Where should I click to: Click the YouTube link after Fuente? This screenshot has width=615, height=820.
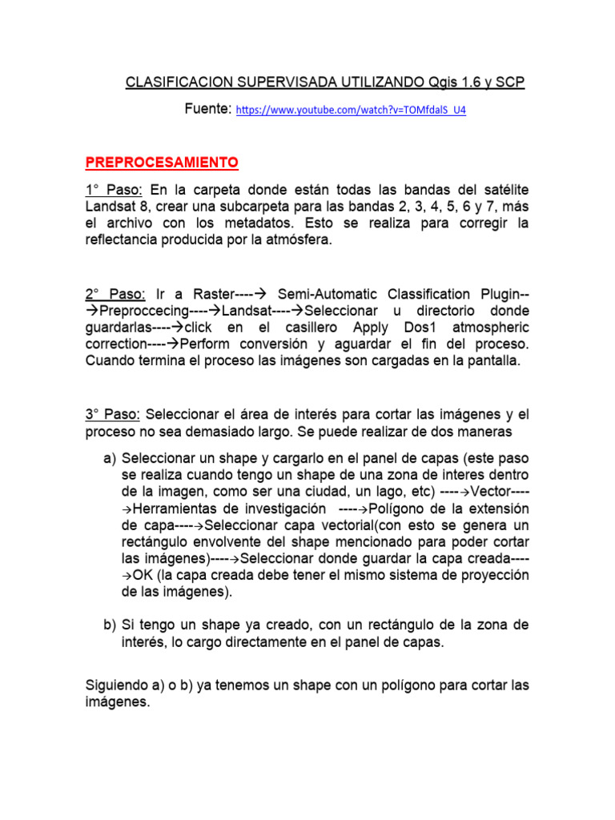(x=351, y=111)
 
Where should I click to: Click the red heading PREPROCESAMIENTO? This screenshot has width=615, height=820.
(x=162, y=163)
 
